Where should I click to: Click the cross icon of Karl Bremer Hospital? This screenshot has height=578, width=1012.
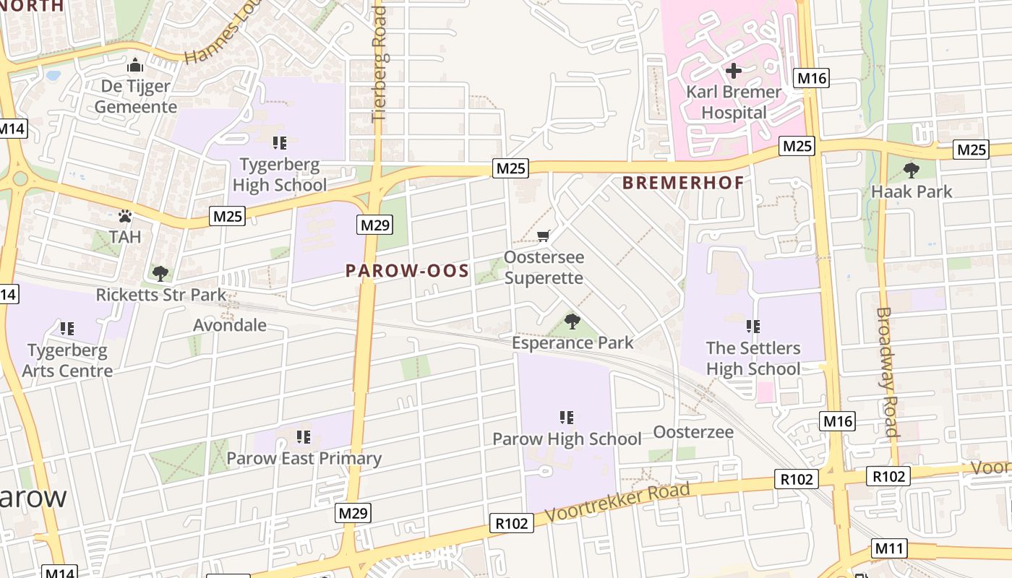click(x=734, y=71)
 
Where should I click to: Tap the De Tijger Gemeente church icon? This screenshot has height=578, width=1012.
click(x=135, y=65)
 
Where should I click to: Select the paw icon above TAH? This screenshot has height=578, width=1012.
click(x=125, y=216)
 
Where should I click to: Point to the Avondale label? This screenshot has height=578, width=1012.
click(x=230, y=325)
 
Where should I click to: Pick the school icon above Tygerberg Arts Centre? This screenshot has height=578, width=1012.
click(x=67, y=329)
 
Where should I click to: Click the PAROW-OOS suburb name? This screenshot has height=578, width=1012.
click(x=407, y=271)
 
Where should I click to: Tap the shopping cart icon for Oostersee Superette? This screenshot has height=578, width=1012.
click(x=544, y=236)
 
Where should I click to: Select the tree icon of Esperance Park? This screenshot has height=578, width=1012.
click(x=573, y=322)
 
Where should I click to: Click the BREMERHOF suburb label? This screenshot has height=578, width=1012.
click(x=683, y=183)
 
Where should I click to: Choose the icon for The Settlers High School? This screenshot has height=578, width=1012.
click(x=753, y=327)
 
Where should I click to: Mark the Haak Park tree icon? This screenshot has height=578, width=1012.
click(x=912, y=171)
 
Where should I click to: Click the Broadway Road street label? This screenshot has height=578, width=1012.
click(x=887, y=372)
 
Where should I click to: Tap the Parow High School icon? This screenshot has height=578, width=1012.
click(x=567, y=418)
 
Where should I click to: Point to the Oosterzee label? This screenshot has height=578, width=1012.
click(x=693, y=432)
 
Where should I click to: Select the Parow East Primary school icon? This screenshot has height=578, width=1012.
click(x=304, y=437)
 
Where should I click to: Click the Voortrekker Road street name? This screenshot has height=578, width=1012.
click(x=618, y=503)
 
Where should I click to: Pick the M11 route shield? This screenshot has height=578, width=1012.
click(x=889, y=548)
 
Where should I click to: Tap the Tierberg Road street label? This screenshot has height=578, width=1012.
click(x=379, y=65)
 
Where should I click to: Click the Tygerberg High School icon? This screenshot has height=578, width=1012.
click(x=280, y=143)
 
